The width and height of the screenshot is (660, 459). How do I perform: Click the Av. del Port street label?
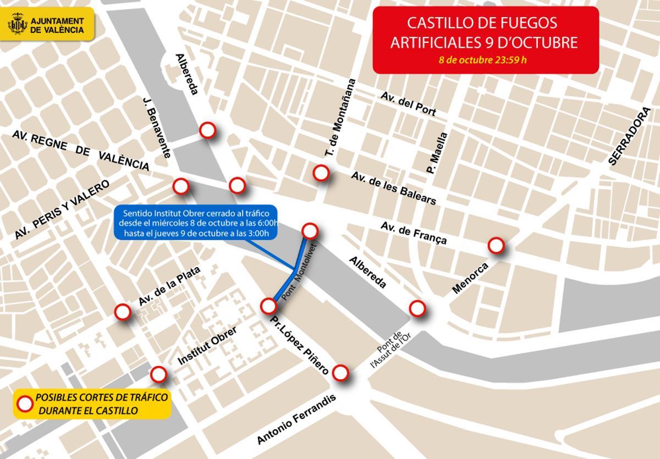408,103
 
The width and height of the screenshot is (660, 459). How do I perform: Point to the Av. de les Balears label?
394,188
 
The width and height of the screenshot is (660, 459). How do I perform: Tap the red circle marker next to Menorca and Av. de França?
496,245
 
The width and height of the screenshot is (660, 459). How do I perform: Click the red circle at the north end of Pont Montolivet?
310,230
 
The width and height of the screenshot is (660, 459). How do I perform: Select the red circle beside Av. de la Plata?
122,312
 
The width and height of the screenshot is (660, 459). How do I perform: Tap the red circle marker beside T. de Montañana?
321,173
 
